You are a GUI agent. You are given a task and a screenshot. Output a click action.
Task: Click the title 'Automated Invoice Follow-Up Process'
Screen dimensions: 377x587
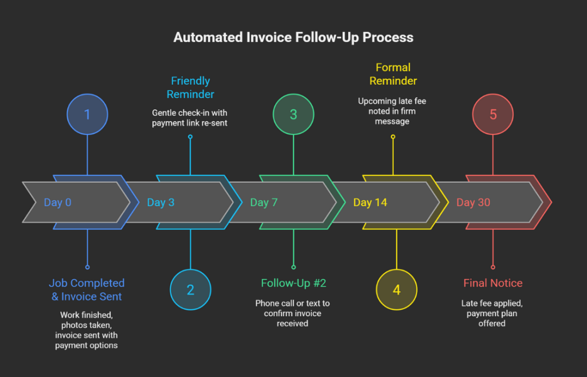pos(293,38)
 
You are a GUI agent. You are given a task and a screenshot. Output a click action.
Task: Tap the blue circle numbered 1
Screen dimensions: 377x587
pos(87,115)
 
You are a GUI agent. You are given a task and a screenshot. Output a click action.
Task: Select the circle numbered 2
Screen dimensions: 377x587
pos(190,289)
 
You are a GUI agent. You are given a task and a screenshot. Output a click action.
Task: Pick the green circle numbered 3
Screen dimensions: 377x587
pos(293,115)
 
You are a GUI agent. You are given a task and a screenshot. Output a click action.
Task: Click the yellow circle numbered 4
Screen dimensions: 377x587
pos(396,289)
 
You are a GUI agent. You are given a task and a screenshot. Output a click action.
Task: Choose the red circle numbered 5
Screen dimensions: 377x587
pos(493,115)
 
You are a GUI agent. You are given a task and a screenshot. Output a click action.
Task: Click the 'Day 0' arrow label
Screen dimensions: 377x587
pos(57,203)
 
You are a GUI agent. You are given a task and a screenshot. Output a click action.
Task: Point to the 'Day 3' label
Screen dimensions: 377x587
pos(161,203)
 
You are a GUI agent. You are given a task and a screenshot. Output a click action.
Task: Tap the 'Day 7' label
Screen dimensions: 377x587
pos(264,203)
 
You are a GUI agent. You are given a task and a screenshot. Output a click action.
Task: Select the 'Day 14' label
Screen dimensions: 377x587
pos(370,203)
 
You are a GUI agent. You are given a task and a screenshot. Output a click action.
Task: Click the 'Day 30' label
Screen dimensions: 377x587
pos(473,203)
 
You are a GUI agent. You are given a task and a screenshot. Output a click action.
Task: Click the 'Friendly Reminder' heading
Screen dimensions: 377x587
pos(190,87)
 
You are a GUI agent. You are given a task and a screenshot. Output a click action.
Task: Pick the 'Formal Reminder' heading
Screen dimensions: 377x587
pos(393,74)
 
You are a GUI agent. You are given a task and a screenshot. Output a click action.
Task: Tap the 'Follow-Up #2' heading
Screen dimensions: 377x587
pos(293,283)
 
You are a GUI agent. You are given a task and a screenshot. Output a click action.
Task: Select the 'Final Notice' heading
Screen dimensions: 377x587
pos(493,283)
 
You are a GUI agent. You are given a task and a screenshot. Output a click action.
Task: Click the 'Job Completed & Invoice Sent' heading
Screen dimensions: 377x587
pos(87,289)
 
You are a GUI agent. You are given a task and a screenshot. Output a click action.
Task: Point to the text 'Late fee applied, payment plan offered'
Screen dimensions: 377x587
pos(492,313)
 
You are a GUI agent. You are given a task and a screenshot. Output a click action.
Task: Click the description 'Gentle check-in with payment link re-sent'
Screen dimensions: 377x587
pos(190,118)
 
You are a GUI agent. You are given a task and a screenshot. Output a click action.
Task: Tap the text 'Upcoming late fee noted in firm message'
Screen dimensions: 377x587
pos(393,111)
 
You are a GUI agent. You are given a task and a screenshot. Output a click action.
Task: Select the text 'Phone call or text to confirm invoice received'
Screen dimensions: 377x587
pos(293,313)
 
